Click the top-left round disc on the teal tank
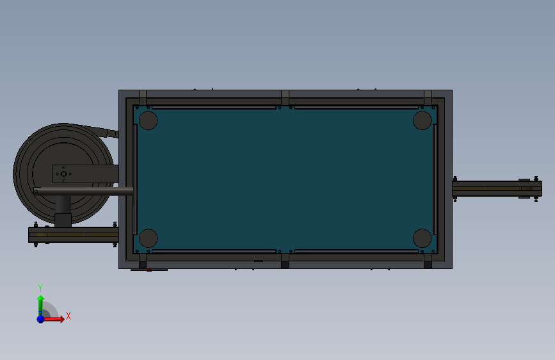149,120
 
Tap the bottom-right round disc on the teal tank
422,238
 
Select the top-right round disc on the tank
422,120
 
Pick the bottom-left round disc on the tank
149,238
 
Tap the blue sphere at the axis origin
41,319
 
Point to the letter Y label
40,288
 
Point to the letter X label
68,316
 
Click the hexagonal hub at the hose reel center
64,174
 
